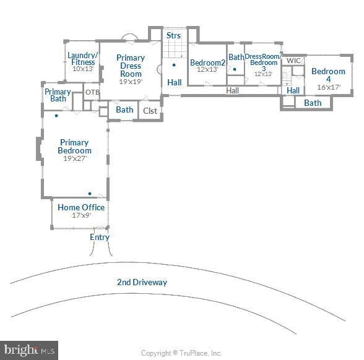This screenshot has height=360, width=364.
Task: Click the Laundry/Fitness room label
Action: point(83,58)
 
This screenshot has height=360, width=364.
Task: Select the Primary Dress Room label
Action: point(131,66)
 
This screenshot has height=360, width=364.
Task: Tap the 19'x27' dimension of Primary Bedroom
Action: point(74,158)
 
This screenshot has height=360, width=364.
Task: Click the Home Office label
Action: point(81,207)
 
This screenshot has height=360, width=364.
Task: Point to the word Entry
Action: point(100,237)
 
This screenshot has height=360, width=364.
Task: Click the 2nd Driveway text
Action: point(142,282)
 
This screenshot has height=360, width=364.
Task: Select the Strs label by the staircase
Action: point(174,36)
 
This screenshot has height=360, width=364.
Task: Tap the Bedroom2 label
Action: point(207,62)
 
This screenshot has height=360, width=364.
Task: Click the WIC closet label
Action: point(294,61)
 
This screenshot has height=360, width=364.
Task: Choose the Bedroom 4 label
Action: point(328,75)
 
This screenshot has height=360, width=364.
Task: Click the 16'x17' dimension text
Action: point(328,87)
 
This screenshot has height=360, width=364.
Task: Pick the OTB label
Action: point(92,93)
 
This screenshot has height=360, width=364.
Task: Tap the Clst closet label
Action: point(150,111)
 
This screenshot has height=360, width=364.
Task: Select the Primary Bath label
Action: point(58,95)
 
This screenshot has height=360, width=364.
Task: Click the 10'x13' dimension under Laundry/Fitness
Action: point(82,69)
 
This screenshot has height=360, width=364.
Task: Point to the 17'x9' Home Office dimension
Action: point(81,216)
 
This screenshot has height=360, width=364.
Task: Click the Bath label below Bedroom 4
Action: point(313,103)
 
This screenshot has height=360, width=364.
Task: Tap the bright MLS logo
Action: point(29,350)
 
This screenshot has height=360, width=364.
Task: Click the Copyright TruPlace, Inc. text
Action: point(181,353)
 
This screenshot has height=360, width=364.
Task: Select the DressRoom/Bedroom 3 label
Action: point(263,62)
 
